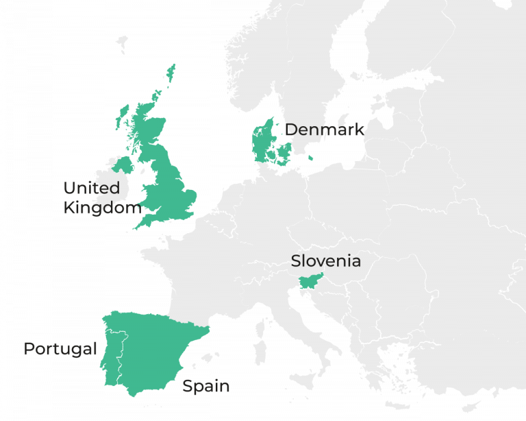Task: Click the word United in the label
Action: pyautogui.click(x=92, y=189)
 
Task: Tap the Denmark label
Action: pyautogui.click(x=324, y=130)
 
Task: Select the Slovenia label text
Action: pyautogui.click(x=325, y=261)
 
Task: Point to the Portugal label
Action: pyautogui.click(x=60, y=349)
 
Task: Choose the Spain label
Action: pyautogui.click(x=205, y=387)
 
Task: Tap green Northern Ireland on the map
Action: pyautogui.click(x=123, y=165)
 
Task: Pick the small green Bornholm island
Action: pyautogui.click(x=312, y=158)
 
